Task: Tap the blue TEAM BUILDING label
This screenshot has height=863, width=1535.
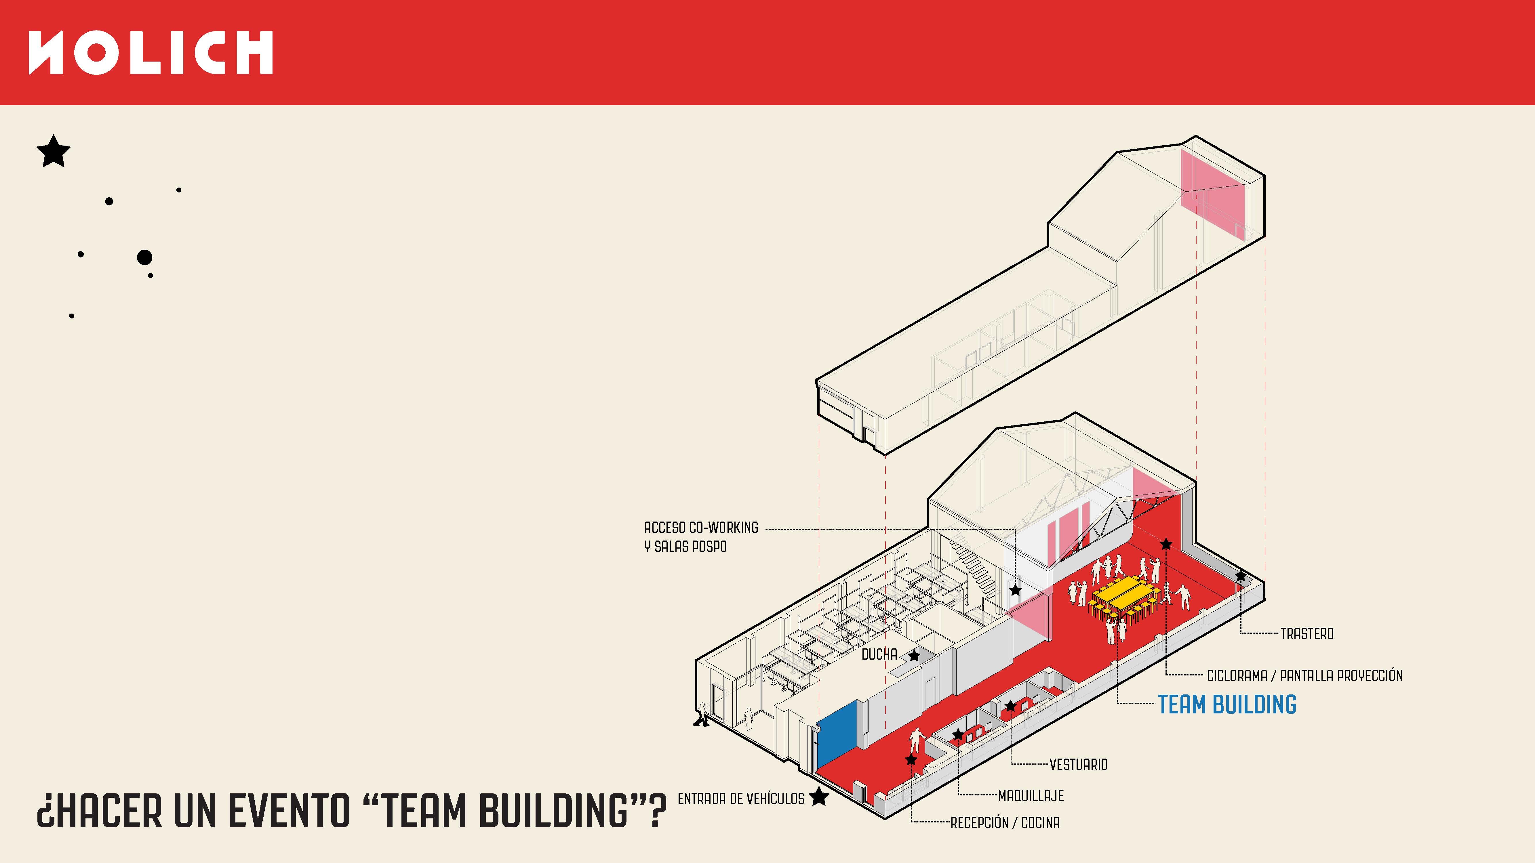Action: [x=1227, y=704]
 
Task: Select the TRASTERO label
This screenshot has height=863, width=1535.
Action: [x=1307, y=634]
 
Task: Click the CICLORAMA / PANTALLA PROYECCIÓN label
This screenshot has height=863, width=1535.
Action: [x=1304, y=675]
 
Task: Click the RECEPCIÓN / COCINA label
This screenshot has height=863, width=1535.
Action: [x=1005, y=822]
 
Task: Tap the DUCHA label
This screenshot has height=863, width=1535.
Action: [x=879, y=654]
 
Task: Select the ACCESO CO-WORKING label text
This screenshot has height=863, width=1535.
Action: [x=701, y=528]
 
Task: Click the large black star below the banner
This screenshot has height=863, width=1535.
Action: [x=54, y=151]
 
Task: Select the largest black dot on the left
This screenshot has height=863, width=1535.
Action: [x=144, y=257]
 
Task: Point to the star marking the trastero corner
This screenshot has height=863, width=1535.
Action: [x=1241, y=576]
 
